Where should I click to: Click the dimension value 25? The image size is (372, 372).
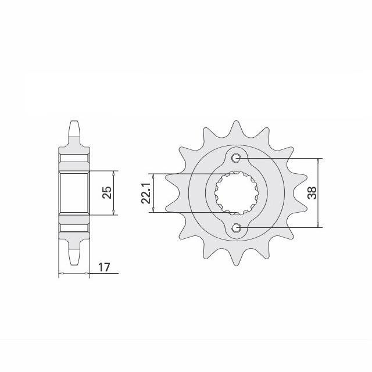coord(106,192)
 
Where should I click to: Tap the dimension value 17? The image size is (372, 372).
coord(104,267)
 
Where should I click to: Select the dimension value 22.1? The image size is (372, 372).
coord(146,193)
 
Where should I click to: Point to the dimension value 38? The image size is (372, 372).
coord(312,193)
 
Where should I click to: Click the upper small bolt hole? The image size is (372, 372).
coord(236,158)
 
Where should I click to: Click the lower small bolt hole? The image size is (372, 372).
coord(236,228)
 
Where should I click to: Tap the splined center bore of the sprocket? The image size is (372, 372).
coord(237,193)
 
